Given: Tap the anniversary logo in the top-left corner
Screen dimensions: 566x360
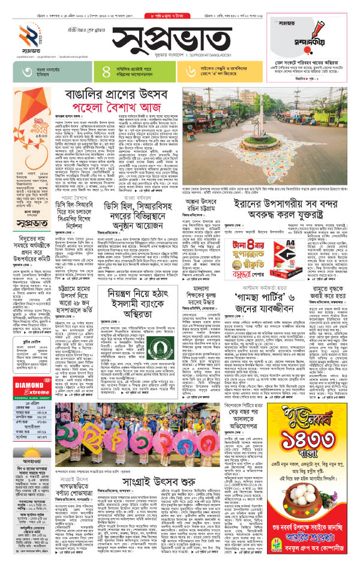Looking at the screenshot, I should coord(25,36).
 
